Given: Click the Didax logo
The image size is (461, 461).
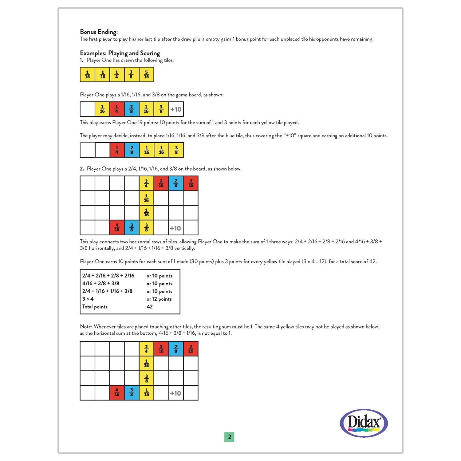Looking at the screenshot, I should point(364,423).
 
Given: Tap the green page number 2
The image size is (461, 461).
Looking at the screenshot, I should point(229,437).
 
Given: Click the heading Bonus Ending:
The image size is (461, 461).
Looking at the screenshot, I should point(99,32).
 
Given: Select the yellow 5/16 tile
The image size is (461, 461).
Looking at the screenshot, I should point(146,75).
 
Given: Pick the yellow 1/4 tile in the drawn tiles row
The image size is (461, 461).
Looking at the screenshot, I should point(116,75).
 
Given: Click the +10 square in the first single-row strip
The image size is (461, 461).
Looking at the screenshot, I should point(176,109).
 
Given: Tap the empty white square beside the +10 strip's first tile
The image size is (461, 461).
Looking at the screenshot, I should point(87,109).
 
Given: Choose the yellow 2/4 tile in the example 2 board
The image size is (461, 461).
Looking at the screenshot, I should point(146,183).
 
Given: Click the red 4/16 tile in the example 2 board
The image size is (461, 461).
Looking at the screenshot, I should point(117,227).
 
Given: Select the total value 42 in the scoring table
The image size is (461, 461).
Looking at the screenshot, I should point(150,306).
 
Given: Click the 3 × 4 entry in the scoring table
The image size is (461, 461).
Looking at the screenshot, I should point(88,299).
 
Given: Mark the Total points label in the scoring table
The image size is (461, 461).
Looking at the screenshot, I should point(95,306).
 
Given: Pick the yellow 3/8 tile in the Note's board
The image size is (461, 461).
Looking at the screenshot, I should point(146,378).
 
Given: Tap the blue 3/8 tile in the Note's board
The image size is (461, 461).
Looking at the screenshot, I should point(132,393).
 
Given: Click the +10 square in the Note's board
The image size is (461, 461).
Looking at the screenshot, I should point(175,393).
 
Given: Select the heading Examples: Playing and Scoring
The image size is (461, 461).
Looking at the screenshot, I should point(120,53).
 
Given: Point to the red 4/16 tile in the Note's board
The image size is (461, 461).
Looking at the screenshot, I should point(117,393).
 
